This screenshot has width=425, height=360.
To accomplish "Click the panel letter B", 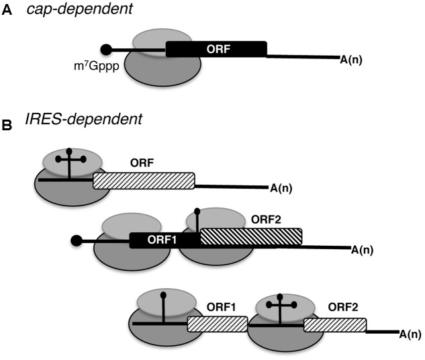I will [7, 125].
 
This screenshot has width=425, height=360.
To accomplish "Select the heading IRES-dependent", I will [63, 121].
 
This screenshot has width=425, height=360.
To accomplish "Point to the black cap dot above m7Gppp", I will [105, 49].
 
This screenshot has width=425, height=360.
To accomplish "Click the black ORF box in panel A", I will [216, 48].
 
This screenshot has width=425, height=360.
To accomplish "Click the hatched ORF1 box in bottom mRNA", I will [213, 324].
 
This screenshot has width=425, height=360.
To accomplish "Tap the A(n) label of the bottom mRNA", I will [410, 333].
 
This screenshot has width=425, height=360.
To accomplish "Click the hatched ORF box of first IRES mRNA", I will [144, 180].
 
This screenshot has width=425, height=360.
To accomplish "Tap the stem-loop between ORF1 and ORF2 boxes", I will [197, 222].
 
